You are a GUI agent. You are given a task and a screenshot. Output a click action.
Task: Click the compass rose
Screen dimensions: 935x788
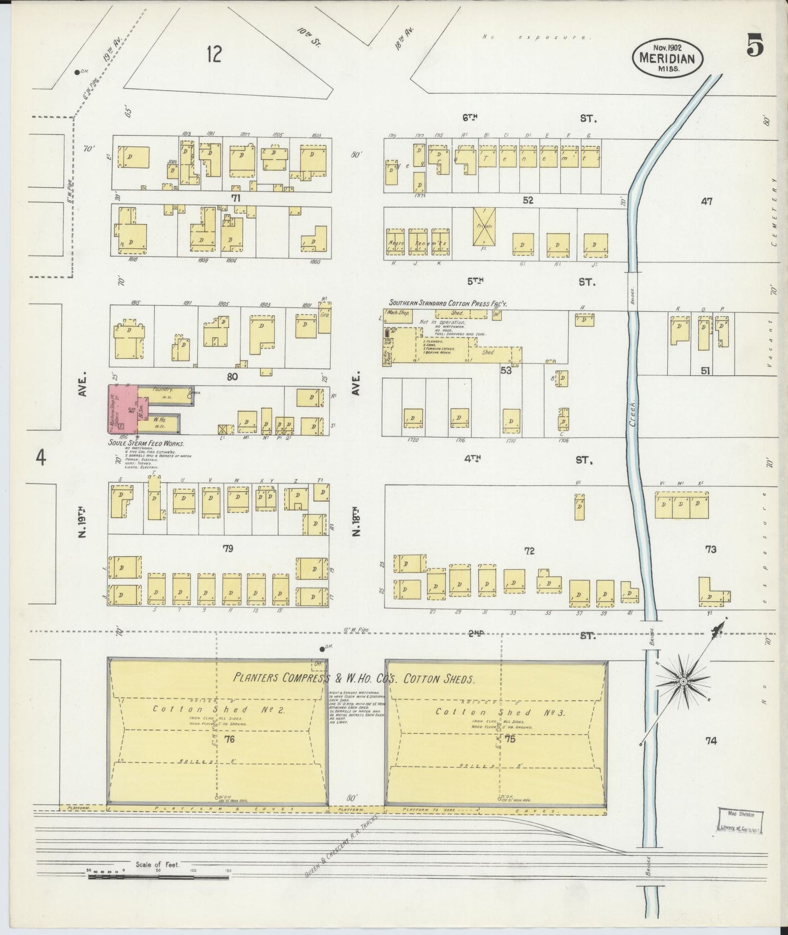click(x=682, y=681)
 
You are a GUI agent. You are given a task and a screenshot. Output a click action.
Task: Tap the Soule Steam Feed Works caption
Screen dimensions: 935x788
click(x=147, y=444)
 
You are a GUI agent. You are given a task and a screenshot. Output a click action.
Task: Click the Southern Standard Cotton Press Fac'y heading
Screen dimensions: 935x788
click(x=447, y=303)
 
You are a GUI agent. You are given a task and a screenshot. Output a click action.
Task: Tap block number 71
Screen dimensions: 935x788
click(x=235, y=198)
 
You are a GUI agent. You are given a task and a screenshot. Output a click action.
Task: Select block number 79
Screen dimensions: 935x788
click(x=227, y=548)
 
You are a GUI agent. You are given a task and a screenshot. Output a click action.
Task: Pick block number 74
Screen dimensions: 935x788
click(x=710, y=740)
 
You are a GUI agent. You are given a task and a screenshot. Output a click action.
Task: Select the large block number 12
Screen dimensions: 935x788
click(x=214, y=55)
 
